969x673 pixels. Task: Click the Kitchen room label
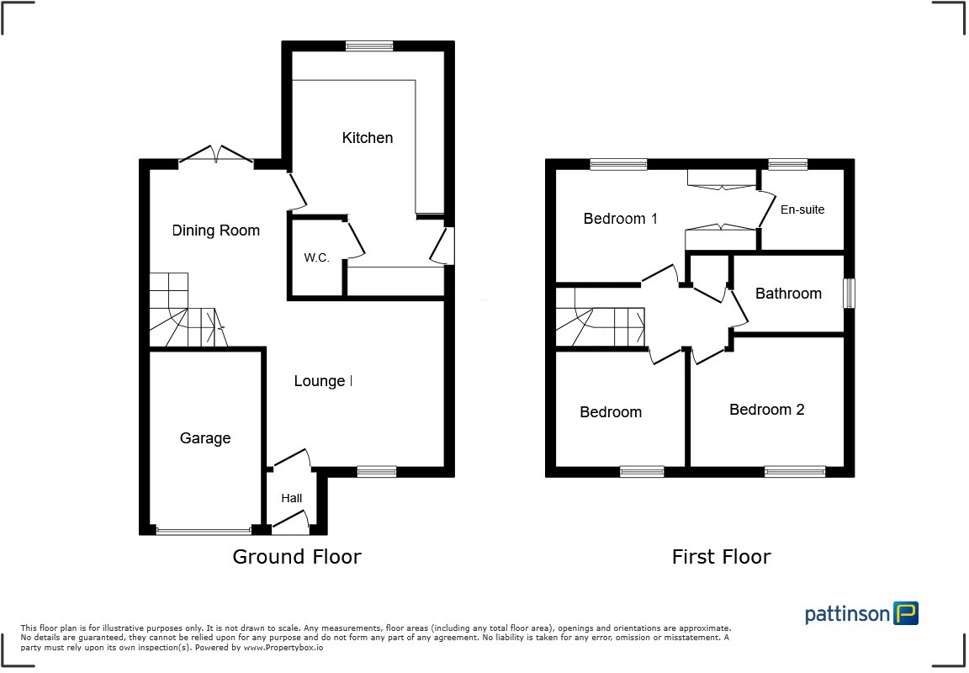pos(367,138)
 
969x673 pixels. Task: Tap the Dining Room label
pos(216,231)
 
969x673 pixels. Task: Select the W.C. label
pos(316,257)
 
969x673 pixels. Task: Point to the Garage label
pos(205,438)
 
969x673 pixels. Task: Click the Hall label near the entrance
pos(292,498)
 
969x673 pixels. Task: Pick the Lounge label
pos(320,381)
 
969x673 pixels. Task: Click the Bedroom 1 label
pos(621,219)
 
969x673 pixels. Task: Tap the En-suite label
pos(802,209)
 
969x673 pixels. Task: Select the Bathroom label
pos(788,294)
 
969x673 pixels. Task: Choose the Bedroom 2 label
pos(766,410)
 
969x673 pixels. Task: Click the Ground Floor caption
pos(297,557)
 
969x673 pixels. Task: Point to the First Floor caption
pos(721,557)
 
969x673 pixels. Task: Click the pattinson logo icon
pos(906,613)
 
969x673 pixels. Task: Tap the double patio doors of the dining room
pos(217,156)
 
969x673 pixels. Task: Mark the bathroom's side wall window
pos(849,294)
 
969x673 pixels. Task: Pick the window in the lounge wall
pos(376,472)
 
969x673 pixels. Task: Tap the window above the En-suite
pos(787,164)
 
